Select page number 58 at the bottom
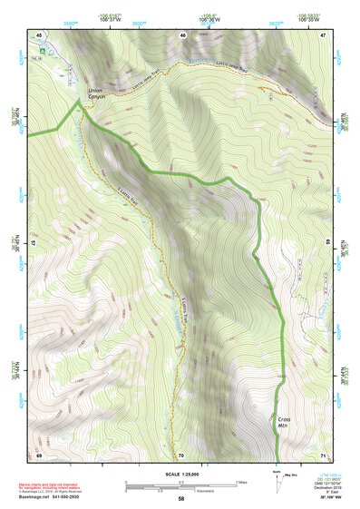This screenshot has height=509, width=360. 181,499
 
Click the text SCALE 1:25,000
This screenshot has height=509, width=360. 181,472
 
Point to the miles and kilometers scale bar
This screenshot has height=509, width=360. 181,484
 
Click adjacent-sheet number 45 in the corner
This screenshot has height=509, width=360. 40,34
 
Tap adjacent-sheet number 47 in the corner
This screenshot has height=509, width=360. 324,34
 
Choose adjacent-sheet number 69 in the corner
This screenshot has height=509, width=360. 39,454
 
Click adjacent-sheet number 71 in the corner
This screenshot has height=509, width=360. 324,454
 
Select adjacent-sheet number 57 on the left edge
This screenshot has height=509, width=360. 34,244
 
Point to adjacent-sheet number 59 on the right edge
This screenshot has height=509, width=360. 328,244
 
